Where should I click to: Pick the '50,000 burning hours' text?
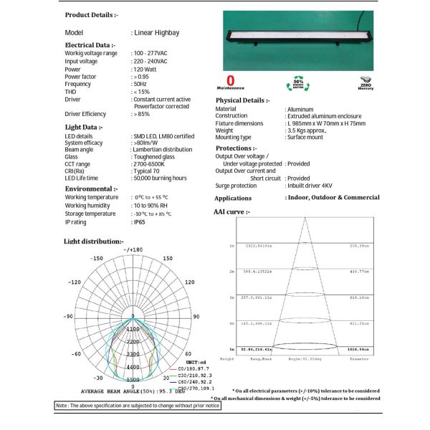coord(159,178)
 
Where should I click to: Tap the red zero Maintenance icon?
coord(231,81)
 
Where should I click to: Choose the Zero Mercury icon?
coord(365,81)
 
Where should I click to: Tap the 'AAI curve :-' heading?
coord(231,212)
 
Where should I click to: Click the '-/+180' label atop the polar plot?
coord(133,249)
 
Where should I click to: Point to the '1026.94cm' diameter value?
coord(358,349)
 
